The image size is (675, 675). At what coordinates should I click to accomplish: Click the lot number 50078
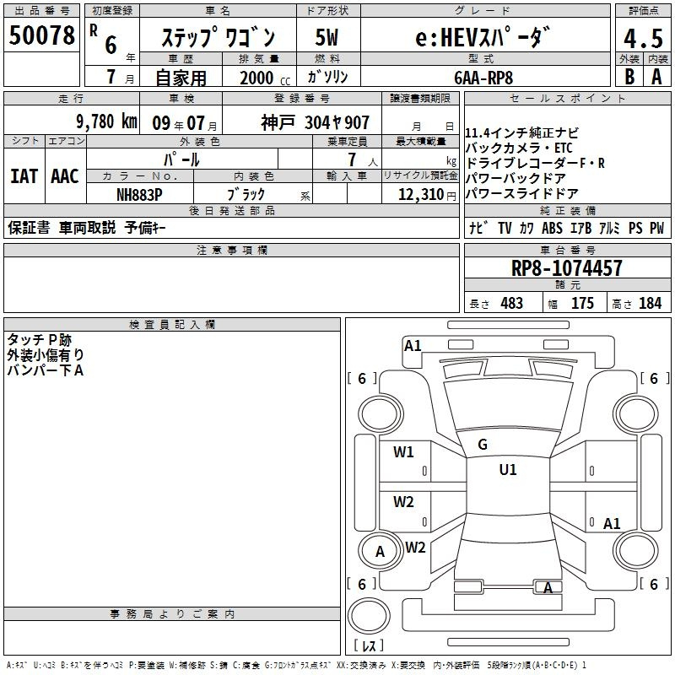41,35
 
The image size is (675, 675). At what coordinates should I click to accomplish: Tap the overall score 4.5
643,39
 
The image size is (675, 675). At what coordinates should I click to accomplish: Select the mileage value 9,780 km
107,121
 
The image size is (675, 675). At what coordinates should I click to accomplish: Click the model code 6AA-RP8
483,78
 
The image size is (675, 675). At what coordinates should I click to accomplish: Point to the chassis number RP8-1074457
566,268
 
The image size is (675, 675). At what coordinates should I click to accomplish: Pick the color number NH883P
139,195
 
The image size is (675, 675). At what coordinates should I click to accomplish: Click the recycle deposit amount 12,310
421,195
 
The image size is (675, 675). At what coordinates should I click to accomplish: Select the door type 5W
327,37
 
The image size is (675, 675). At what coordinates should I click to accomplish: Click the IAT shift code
24,176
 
